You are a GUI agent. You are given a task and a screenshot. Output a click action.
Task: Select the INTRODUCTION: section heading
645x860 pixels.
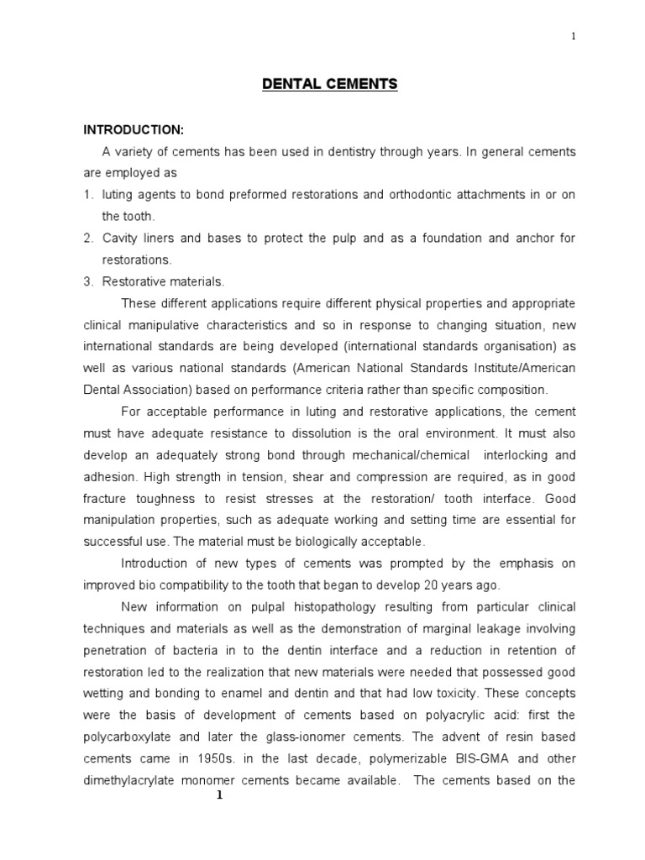133,129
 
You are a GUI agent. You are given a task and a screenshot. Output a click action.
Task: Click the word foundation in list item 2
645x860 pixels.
448,238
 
